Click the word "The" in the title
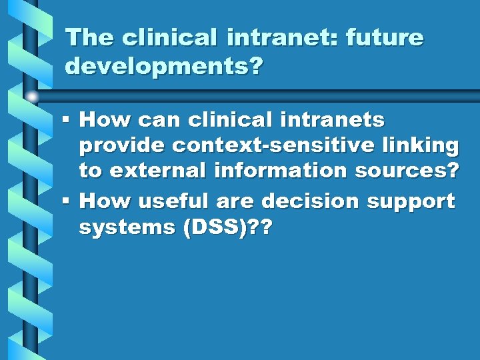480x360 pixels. [89, 37]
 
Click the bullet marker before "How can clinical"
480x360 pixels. [65, 120]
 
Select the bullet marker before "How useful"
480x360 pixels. [65, 200]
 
